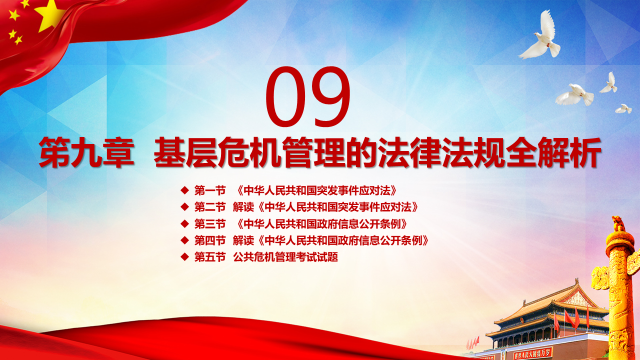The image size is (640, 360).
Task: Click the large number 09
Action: point(308,96)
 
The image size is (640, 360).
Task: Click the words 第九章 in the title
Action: point(86,152)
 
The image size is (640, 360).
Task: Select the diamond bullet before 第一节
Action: point(185,190)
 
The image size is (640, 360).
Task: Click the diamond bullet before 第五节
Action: point(185,257)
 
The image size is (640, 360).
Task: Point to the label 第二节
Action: point(210,207)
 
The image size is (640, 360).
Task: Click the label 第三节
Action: point(210,224)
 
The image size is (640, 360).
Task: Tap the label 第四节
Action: point(210,240)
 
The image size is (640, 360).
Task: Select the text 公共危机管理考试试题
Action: point(285,257)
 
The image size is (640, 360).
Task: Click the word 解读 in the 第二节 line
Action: point(243,207)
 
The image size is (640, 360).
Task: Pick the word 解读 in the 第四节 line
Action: point(243,240)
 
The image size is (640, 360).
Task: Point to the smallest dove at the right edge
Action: point(623,109)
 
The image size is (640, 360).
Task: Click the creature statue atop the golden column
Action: point(618,223)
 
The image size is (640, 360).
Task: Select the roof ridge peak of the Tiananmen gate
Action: point(576,281)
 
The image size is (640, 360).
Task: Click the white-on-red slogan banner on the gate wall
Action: point(532,354)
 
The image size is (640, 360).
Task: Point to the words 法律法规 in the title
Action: point(442,152)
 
